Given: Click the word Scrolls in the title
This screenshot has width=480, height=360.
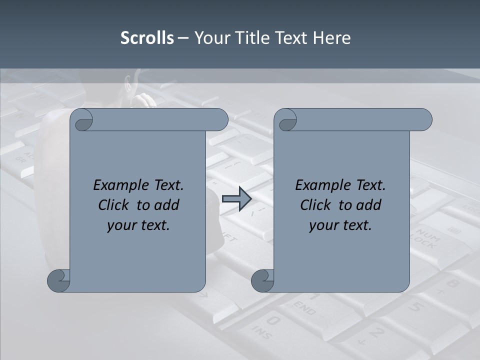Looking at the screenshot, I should (147, 38).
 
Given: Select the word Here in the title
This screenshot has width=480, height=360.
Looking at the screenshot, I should (331, 38).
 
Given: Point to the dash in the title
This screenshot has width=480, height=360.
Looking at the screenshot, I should (183, 38).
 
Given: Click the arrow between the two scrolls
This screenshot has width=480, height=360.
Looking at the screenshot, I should (236, 199).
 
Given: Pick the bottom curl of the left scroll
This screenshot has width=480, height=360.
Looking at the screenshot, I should (58, 280).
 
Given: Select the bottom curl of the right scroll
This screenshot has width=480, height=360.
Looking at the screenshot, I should (262, 280).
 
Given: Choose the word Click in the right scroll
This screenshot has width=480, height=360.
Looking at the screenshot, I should (315, 205).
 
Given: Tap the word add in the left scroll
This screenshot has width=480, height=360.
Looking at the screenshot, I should (167, 205).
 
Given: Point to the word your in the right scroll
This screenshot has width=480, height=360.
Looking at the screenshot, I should (323, 225).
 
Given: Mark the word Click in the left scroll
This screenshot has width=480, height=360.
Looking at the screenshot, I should (113, 205).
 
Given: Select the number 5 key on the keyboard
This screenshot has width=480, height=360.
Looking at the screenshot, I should (416, 306).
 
